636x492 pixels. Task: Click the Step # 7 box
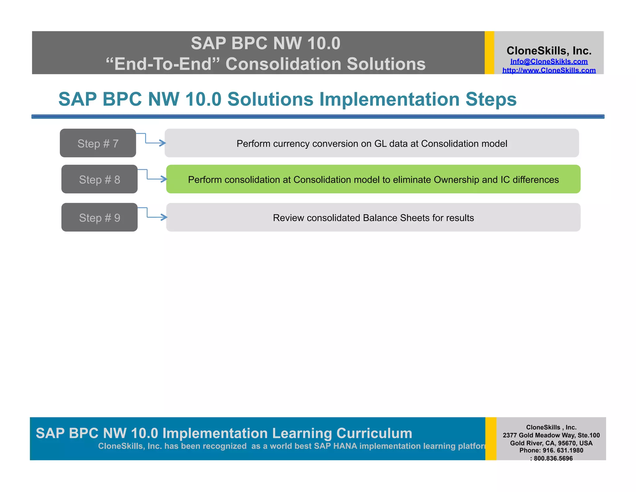click(x=98, y=143)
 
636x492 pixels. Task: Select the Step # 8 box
click(x=99, y=179)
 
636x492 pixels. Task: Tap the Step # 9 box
click(x=99, y=217)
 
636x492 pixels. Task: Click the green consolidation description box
click(x=373, y=179)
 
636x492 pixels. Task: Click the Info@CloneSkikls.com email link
click(x=549, y=62)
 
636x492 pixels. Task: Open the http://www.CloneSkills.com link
click(x=549, y=70)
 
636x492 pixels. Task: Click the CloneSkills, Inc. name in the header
click(x=549, y=51)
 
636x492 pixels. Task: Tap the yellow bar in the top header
click(x=489, y=53)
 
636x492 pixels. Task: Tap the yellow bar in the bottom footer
click(x=491, y=439)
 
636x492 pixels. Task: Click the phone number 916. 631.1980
click(x=562, y=450)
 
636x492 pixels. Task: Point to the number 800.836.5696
click(x=553, y=458)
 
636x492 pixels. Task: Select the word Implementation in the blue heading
click(x=390, y=99)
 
